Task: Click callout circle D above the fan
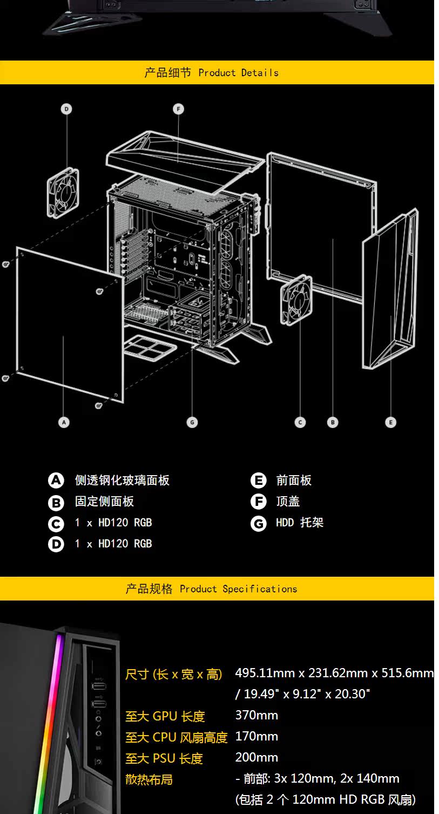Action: [66, 109]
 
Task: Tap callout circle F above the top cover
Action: [178, 109]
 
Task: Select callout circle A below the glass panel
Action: [64, 422]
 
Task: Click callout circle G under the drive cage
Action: [192, 422]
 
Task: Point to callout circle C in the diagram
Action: [300, 422]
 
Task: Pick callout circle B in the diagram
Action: [333, 422]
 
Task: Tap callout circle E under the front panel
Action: [390, 422]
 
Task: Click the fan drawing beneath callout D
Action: [64, 192]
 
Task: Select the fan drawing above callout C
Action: [296, 301]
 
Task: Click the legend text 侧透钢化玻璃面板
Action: [122, 480]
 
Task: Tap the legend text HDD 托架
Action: [300, 523]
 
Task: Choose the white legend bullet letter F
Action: [259, 502]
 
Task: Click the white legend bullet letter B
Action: [56, 503]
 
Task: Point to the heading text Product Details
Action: [238, 72]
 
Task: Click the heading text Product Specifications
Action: [238, 589]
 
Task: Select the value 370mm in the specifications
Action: [256, 715]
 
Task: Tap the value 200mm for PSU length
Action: [256, 757]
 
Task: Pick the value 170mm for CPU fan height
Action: [256, 736]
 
